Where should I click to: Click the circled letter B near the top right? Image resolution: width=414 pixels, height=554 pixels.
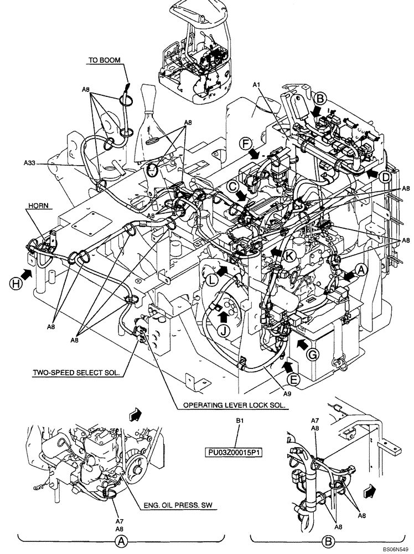click(319, 99)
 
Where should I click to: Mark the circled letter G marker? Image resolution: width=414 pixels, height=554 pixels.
click(312, 353)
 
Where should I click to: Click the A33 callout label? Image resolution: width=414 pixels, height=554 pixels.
click(31, 163)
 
